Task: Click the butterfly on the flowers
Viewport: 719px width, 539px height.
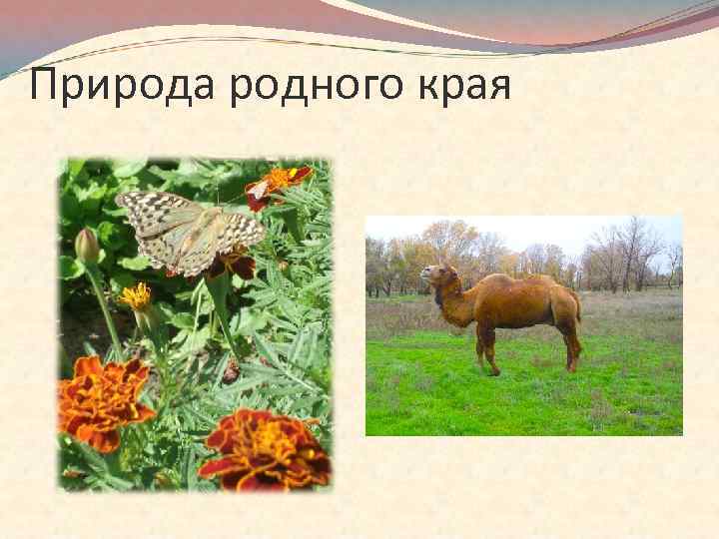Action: pos(191,231)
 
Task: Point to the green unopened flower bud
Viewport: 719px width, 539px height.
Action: pos(88,245)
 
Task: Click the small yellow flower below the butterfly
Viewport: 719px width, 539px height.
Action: pos(136,295)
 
